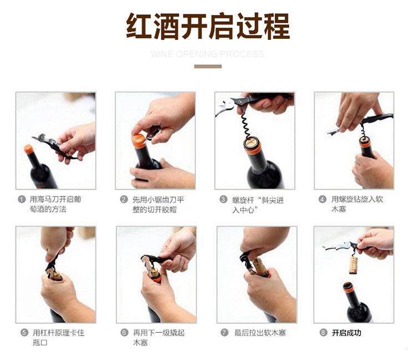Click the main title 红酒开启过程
point(207,27)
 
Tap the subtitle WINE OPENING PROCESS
point(207,54)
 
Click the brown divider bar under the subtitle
point(207,67)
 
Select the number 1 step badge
point(22,199)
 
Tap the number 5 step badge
point(24,333)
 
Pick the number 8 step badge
point(323,333)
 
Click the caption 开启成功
point(347,333)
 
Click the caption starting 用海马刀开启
point(55,204)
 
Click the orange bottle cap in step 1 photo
point(29,149)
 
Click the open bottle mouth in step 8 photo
point(348,288)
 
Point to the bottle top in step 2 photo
point(139,140)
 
